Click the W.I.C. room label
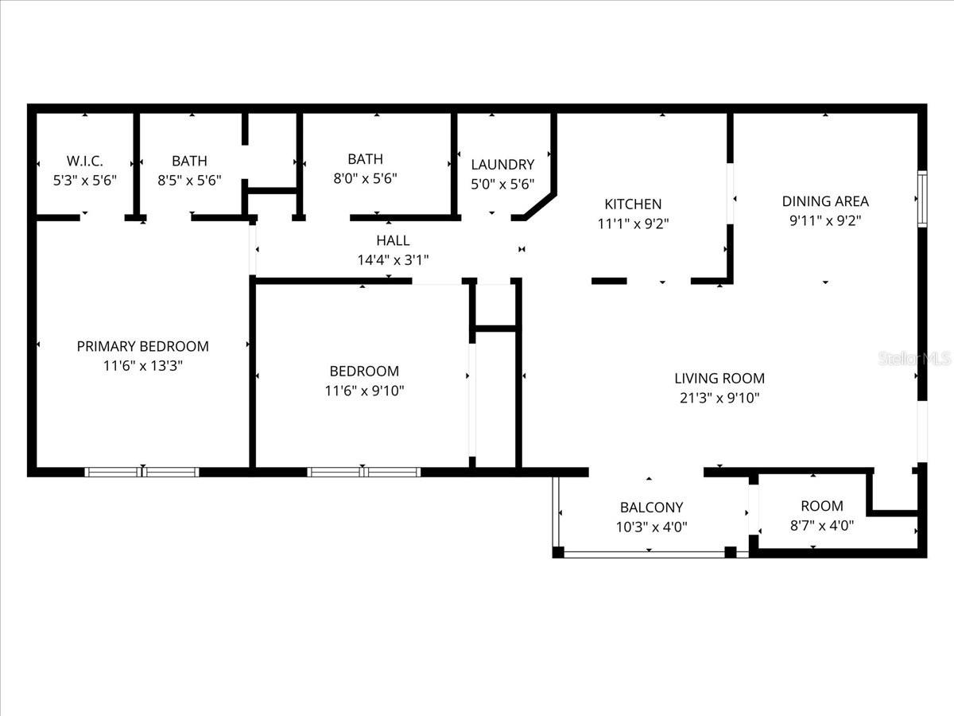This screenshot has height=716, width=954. [x=85, y=160]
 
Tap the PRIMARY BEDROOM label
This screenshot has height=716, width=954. [x=143, y=346]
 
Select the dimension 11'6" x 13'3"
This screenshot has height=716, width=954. [x=143, y=366]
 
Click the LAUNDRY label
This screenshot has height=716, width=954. [x=502, y=165]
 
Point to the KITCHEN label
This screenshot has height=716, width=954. [x=633, y=204]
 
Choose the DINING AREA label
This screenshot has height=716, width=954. [x=825, y=201]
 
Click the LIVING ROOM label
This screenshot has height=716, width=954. [x=719, y=379]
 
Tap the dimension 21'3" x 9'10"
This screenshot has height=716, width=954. [x=719, y=399]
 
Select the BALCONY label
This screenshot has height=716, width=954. [x=651, y=507]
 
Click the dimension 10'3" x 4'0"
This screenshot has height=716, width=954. [x=651, y=527]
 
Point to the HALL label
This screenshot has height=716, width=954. [x=393, y=239]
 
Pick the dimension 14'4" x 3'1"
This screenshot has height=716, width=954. [x=393, y=259]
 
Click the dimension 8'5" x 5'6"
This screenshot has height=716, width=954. [x=189, y=181]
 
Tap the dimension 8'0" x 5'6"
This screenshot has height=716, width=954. [x=365, y=179]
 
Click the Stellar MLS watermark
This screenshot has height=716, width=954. [x=914, y=358]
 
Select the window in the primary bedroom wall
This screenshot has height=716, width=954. [x=142, y=472]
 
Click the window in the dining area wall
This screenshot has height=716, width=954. [x=921, y=198]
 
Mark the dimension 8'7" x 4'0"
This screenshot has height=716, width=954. [x=822, y=526]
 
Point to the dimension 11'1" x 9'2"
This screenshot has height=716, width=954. [x=633, y=224]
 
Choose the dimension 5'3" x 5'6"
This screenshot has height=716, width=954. [x=85, y=181]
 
